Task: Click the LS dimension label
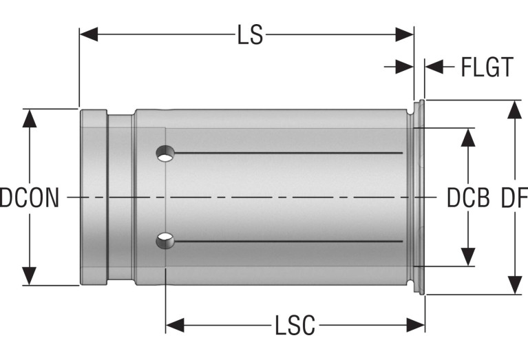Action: [x=250, y=34]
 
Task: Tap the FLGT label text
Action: [x=487, y=67]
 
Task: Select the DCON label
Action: [x=30, y=198]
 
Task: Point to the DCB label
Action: [x=468, y=198]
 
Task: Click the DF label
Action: [x=514, y=198]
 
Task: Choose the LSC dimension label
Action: [x=295, y=326]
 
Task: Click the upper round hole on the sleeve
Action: [x=165, y=153]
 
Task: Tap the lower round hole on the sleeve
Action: [x=165, y=241]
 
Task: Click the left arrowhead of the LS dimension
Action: [x=89, y=34]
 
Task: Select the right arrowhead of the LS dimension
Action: [x=404, y=34]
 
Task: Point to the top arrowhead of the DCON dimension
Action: [x=30, y=118]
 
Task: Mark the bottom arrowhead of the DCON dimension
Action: [x=30, y=276]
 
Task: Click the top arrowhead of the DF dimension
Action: [x=514, y=109]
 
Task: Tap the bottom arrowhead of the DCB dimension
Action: [x=468, y=257]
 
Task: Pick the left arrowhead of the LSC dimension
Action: [x=175, y=326]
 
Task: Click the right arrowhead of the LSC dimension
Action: [x=416, y=326]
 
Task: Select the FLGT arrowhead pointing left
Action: [x=434, y=67]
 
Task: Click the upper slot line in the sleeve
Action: [x=288, y=153]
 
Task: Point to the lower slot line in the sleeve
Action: [x=288, y=241]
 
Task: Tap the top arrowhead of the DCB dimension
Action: [x=468, y=138]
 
